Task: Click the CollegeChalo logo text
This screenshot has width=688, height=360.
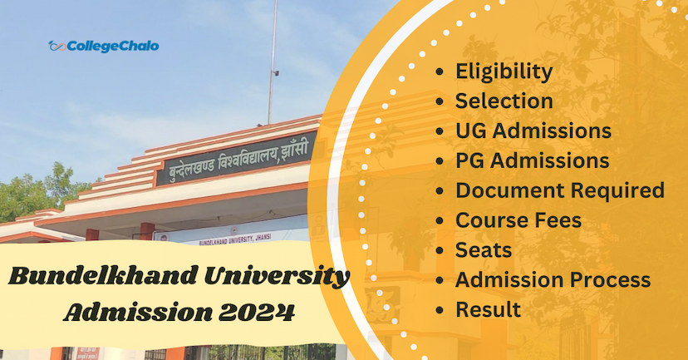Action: point(112,46)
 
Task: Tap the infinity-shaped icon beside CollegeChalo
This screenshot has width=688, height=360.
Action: point(57,46)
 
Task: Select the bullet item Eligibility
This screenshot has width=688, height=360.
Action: point(504,72)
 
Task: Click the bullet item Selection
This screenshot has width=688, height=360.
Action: point(504,101)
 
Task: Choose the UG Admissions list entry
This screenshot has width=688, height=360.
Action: point(533,131)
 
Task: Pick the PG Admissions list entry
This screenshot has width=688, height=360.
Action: point(532,160)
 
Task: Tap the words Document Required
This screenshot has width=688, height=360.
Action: point(559,190)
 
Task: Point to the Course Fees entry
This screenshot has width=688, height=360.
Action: point(518,220)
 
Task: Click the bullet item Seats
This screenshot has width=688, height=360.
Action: point(484,249)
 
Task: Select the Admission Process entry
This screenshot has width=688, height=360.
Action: point(553,279)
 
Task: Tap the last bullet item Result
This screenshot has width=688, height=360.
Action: point(488,309)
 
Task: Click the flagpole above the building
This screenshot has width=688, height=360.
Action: point(273,58)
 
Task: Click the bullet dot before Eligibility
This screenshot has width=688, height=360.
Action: point(440,72)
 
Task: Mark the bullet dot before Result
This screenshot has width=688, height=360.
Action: point(440,310)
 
